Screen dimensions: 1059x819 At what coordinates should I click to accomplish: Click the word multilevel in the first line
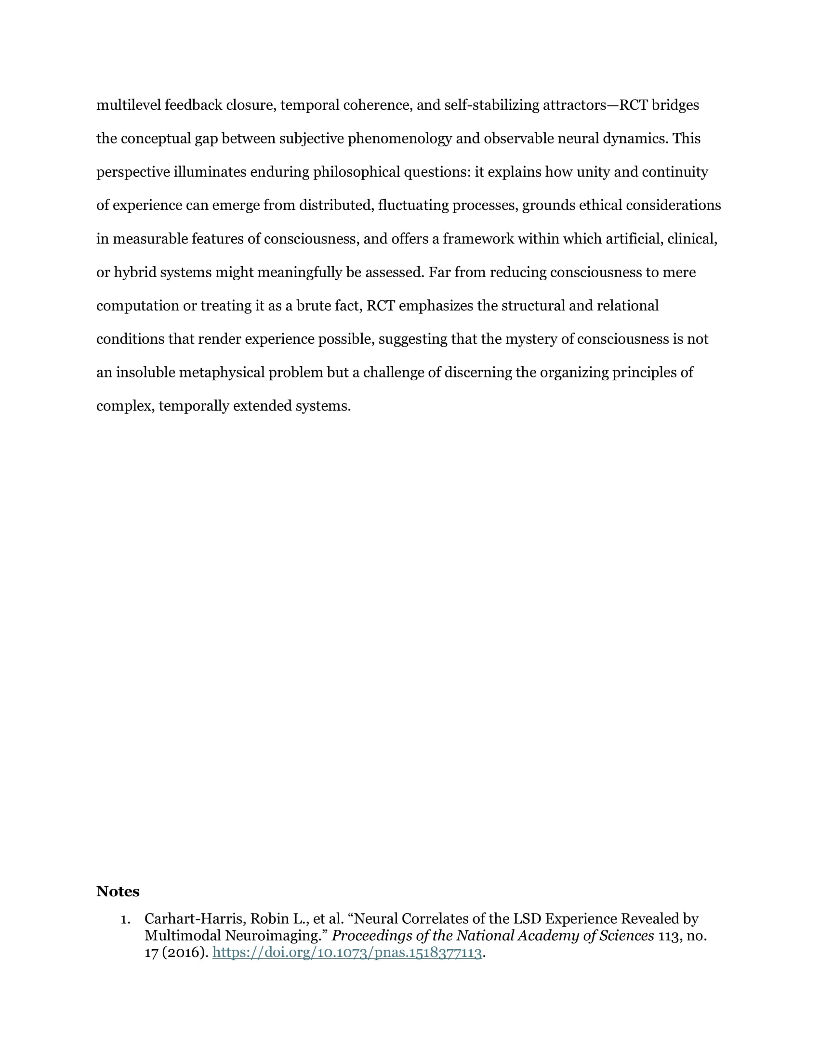(x=129, y=105)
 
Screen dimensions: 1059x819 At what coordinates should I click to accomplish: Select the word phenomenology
(x=399, y=139)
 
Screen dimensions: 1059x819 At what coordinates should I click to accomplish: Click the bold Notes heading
(x=118, y=891)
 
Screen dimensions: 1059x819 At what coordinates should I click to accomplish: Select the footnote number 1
(x=125, y=919)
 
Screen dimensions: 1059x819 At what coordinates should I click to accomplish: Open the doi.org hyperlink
(x=347, y=953)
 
